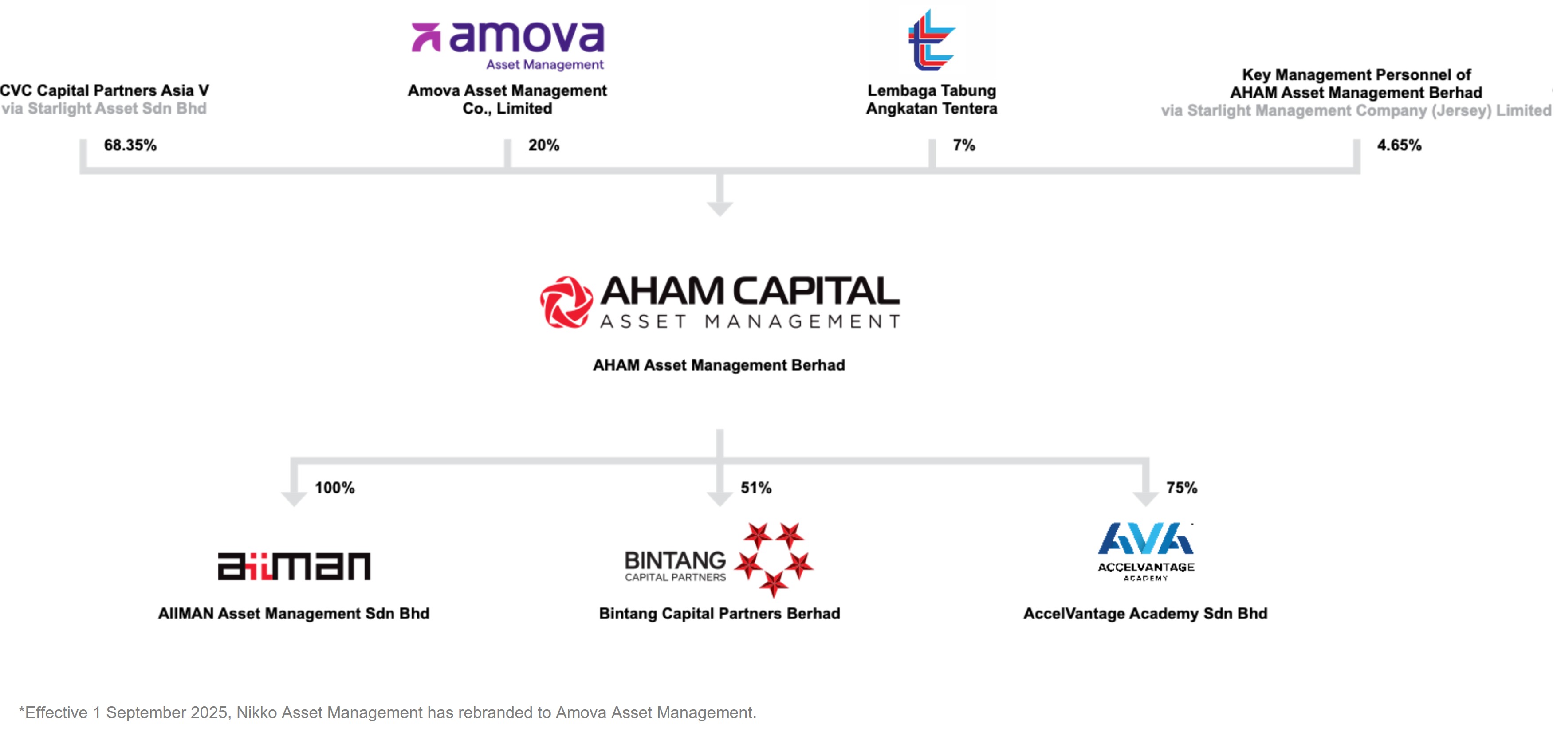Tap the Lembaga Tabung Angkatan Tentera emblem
(932, 40)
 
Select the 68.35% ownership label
(130, 145)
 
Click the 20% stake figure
(543, 145)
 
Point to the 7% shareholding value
(963, 145)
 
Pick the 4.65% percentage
(1399, 145)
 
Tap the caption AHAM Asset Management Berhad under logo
(719, 365)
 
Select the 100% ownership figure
(334, 488)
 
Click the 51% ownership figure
(756, 488)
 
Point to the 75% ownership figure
(1182, 488)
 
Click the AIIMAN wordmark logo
(294, 566)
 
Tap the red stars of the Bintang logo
(774, 559)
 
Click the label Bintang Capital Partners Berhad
(719, 614)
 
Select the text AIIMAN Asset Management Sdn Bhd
(294, 614)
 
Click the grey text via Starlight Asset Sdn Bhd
(103, 109)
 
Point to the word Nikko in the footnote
(257, 712)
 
